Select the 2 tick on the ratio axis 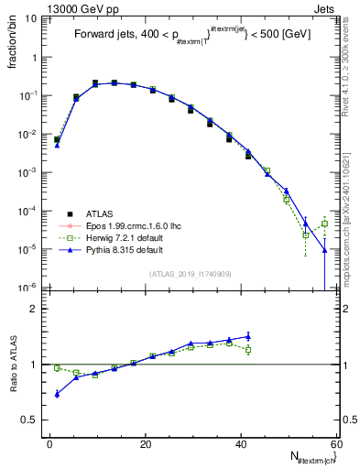34,309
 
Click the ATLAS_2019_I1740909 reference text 190,274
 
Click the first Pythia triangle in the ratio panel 57,394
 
